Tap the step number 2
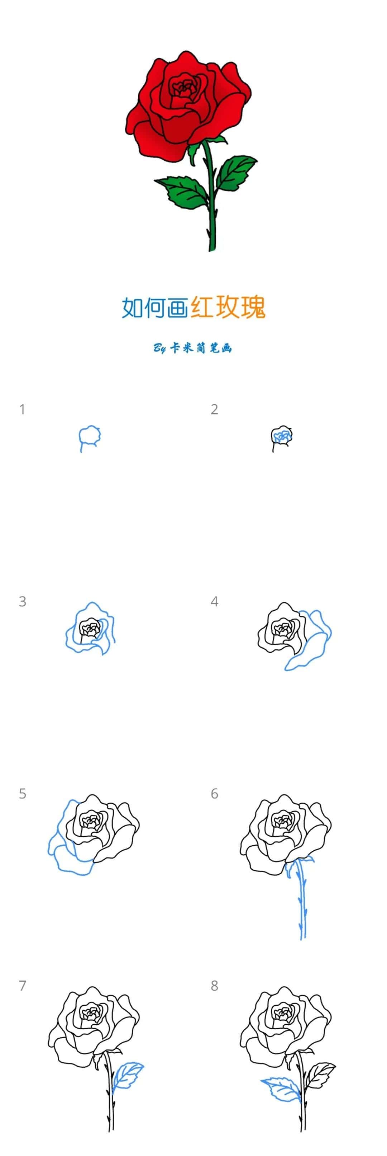pos(214,409)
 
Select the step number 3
pos(23,601)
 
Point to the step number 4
pos(214,601)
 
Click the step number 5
pos(23,793)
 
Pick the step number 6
pos(214,793)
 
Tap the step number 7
pos(23,986)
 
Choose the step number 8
pos(214,986)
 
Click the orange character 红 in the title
pos(201,307)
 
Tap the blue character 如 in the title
pos(133,307)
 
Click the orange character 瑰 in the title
pos(253,307)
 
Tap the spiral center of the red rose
pos(183,88)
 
